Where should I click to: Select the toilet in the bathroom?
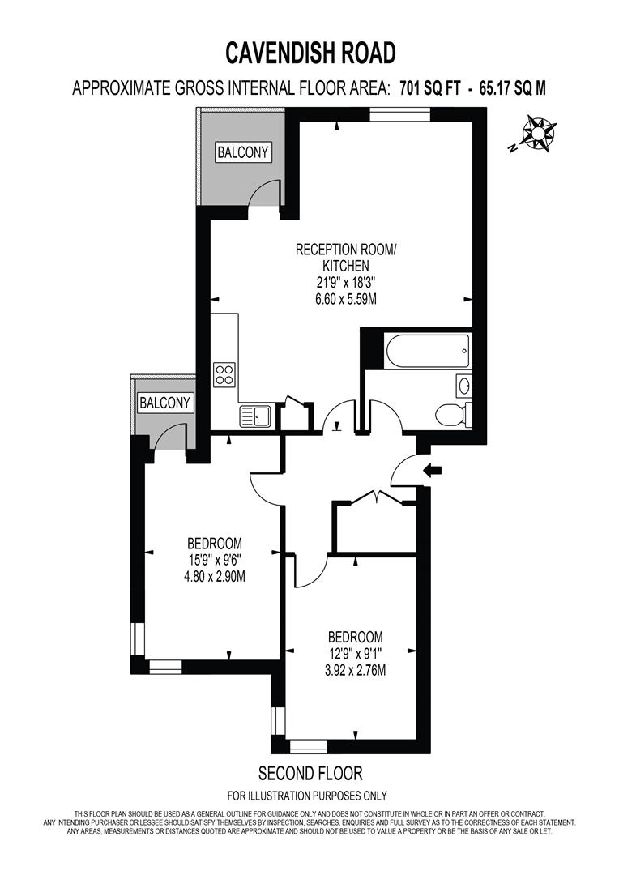click(453, 414)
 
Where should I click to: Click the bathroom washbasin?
click(463, 385)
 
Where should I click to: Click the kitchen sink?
click(255, 416)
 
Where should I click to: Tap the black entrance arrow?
click(432, 471)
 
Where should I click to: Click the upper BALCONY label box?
click(243, 152)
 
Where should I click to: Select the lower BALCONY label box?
click(165, 403)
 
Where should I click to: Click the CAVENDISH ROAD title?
click(310, 53)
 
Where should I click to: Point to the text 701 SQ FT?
click(430, 88)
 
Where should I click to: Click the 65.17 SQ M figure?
click(512, 88)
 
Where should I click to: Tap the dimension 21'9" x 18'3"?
click(346, 283)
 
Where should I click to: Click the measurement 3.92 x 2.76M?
click(356, 670)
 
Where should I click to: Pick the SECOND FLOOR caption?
click(310, 773)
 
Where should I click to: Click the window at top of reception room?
click(400, 114)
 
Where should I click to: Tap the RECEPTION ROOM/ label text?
click(346, 249)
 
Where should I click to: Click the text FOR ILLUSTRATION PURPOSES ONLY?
click(307, 796)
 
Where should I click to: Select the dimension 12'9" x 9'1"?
click(356, 654)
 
